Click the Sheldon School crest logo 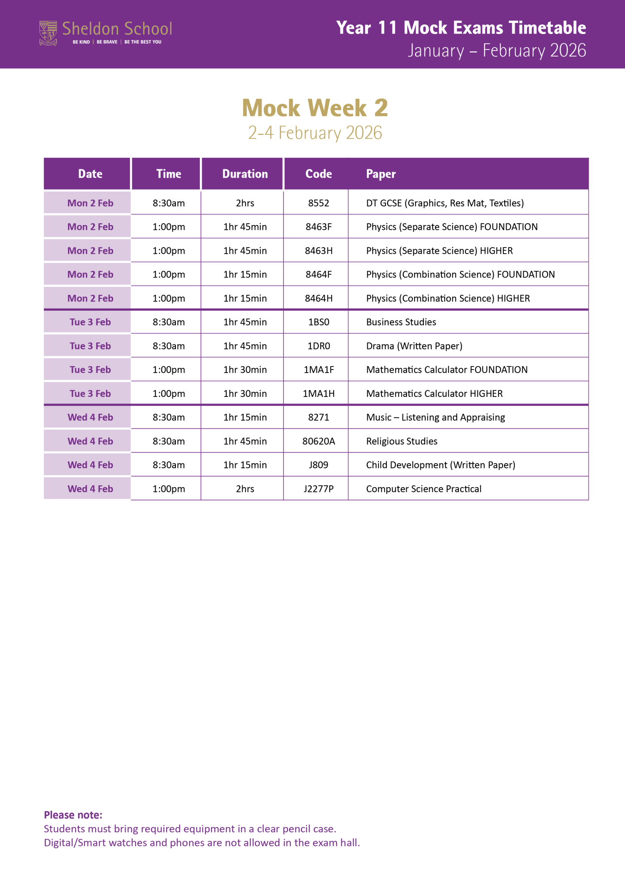click(48, 33)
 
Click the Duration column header click(245, 174)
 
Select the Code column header click(318, 174)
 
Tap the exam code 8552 click(318, 203)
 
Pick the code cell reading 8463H click(318, 251)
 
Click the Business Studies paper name click(401, 322)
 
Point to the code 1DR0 click(318, 346)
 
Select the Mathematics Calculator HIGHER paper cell click(434, 394)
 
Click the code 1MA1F click(318, 370)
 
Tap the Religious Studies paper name click(401, 442)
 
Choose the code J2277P click(318, 489)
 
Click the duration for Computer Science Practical click(245, 489)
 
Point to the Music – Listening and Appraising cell click(435, 418)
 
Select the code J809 click(318, 465)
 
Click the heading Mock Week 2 click(315, 108)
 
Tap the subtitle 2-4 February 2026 click(315, 133)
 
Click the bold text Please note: click(73, 815)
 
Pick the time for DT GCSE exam click(168, 203)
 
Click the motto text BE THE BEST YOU click(143, 42)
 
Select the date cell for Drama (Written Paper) click(90, 346)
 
